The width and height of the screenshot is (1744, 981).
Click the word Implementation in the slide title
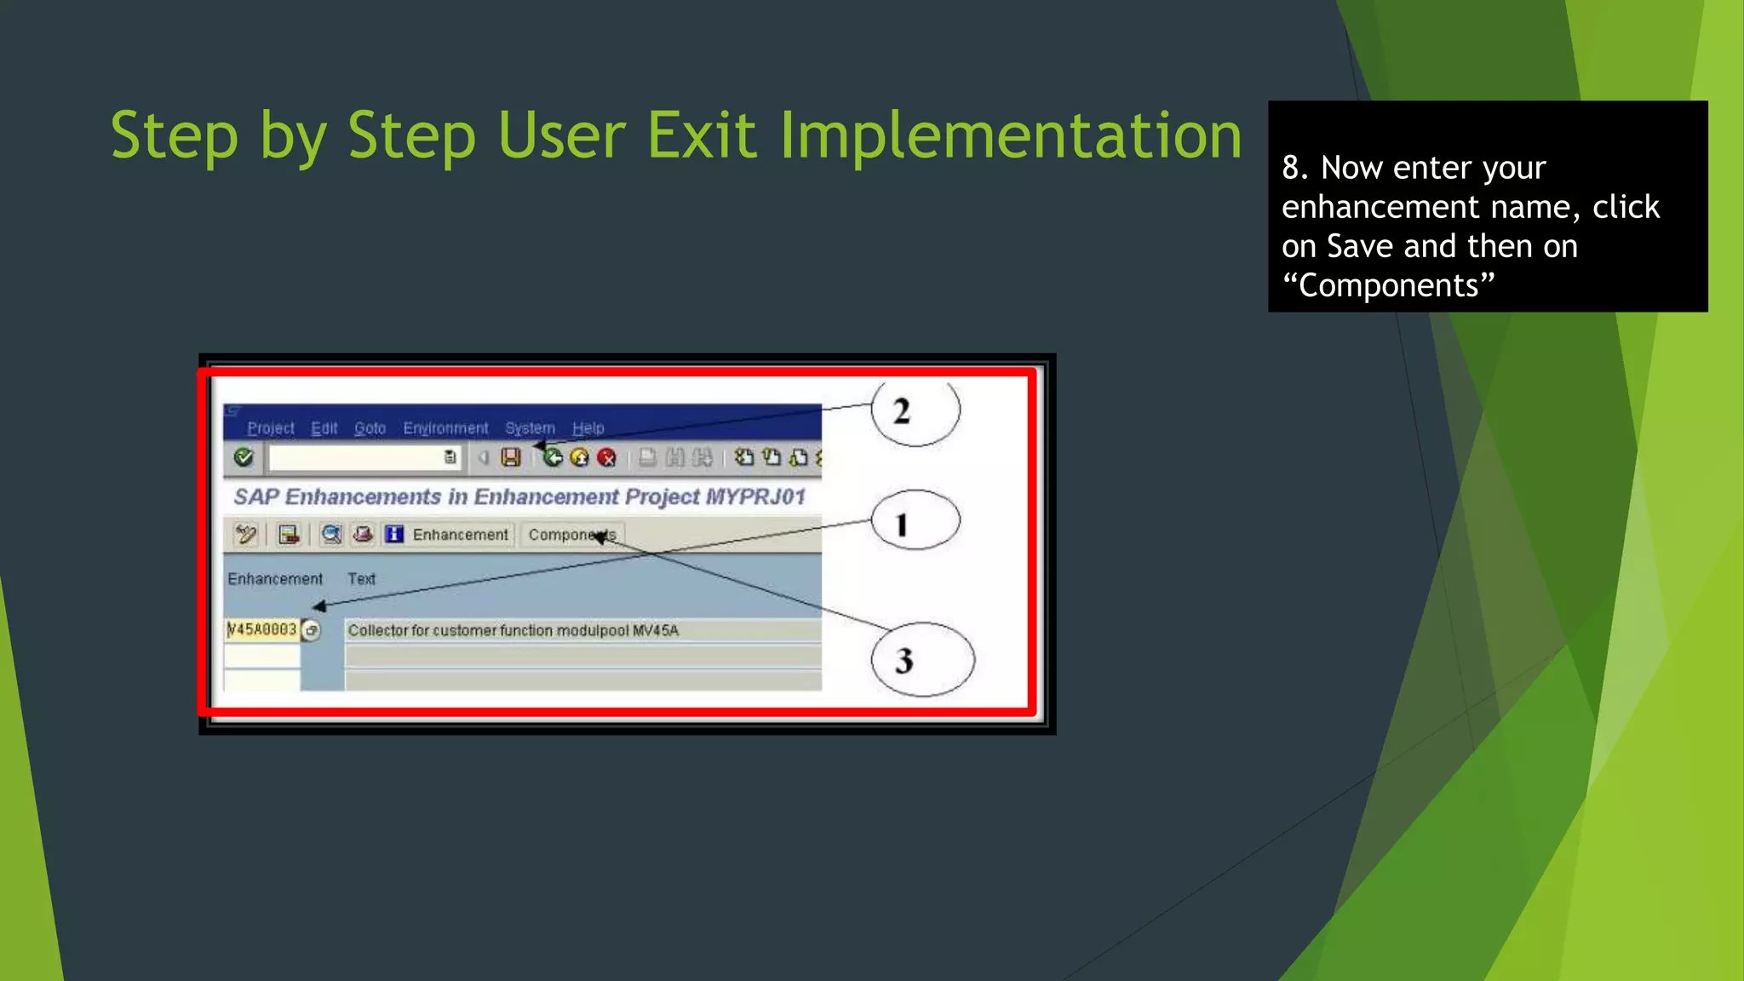pos(1010,136)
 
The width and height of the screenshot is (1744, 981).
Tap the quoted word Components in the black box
pos(1388,285)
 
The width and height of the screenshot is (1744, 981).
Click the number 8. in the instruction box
pos(1295,168)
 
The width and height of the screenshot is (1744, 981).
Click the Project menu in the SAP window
pos(270,428)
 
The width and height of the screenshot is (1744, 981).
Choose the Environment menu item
pos(445,428)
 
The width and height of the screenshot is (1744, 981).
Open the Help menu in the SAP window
pos(588,428)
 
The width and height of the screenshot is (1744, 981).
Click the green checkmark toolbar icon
pos(244,458)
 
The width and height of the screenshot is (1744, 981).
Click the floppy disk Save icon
pos(511,458)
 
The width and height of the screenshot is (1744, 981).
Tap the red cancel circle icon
pos(606,458)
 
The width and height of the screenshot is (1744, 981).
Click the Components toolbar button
pos(571,535)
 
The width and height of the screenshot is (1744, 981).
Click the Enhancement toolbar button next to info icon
pos(460,535)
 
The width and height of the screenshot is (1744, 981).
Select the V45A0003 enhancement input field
pos(261,630)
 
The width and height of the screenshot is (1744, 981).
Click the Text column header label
pos(361,579)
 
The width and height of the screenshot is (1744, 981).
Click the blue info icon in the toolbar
pos(393,535)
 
